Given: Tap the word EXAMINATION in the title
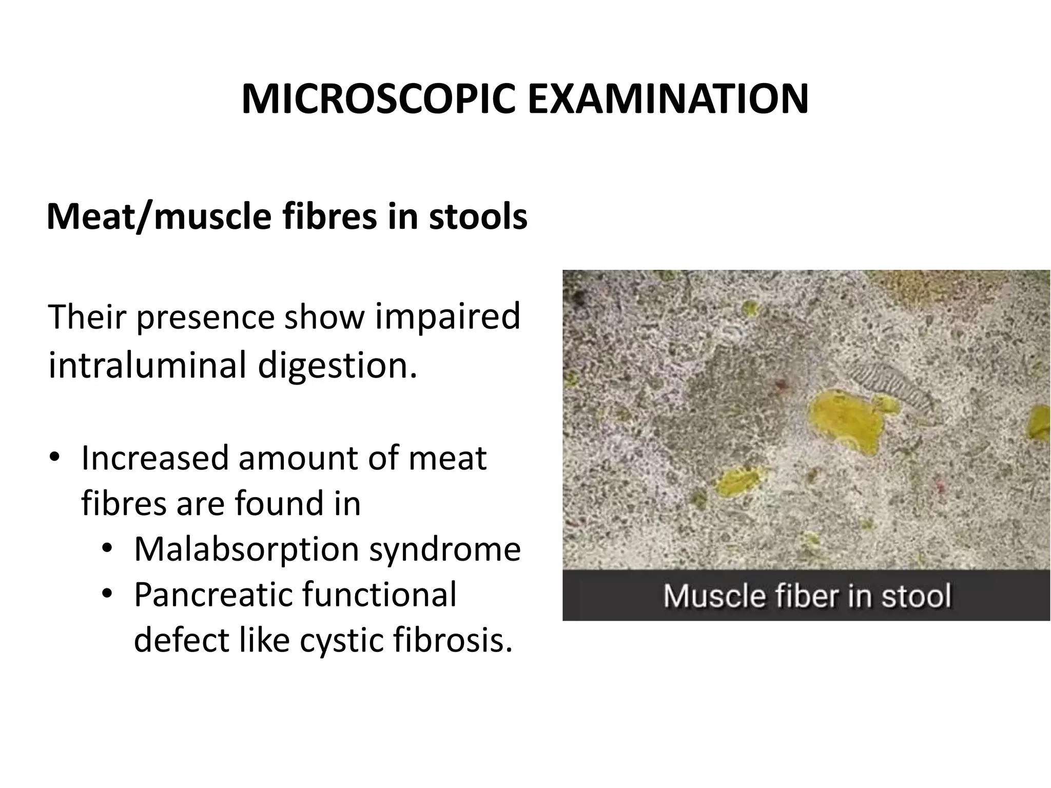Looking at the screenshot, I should tap(668, 98).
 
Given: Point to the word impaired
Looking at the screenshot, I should tap(447, 317).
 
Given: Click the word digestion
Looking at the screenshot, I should tap(337, 366).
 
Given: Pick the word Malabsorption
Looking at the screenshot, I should tap(246, 549).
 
